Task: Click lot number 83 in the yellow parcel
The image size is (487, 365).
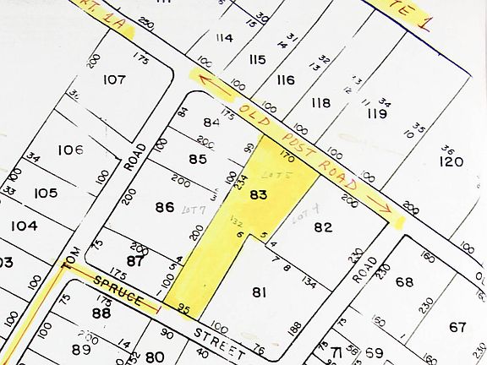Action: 259,194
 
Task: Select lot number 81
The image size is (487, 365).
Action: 259,292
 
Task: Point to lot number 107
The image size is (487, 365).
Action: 114,79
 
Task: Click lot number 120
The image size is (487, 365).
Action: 451,161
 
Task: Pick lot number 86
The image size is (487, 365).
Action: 164,206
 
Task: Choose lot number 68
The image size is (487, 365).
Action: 404,281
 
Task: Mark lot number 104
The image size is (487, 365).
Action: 25,226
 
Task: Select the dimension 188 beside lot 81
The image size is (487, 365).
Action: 295,329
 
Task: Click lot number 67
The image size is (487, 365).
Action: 457,327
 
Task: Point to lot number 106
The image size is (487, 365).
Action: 70,150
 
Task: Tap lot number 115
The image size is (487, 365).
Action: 257,59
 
